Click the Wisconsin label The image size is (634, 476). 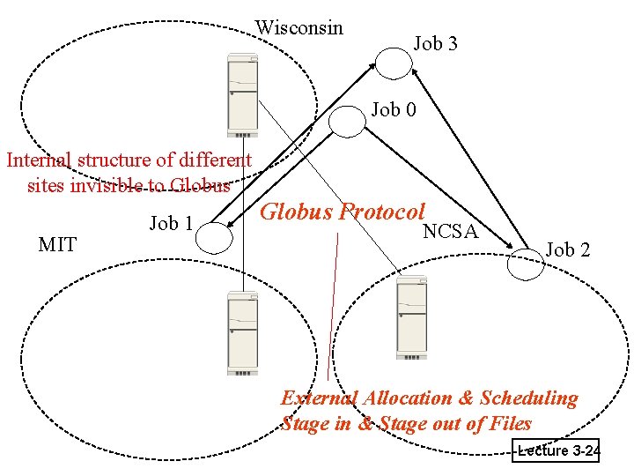click(299, 28)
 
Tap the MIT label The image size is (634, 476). click(57, 244)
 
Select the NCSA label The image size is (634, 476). click(450, 232)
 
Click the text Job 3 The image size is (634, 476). click(436, 43)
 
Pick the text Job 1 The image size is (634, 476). click(171, 223)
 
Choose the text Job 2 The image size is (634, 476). click(568, 249)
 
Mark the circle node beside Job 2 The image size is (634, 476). click(527, 264)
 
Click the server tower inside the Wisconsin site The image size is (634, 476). click(242, 95)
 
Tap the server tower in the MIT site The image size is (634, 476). click(242, 332)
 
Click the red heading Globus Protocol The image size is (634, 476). click(343, 212)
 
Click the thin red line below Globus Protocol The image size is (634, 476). click(333, 309)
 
